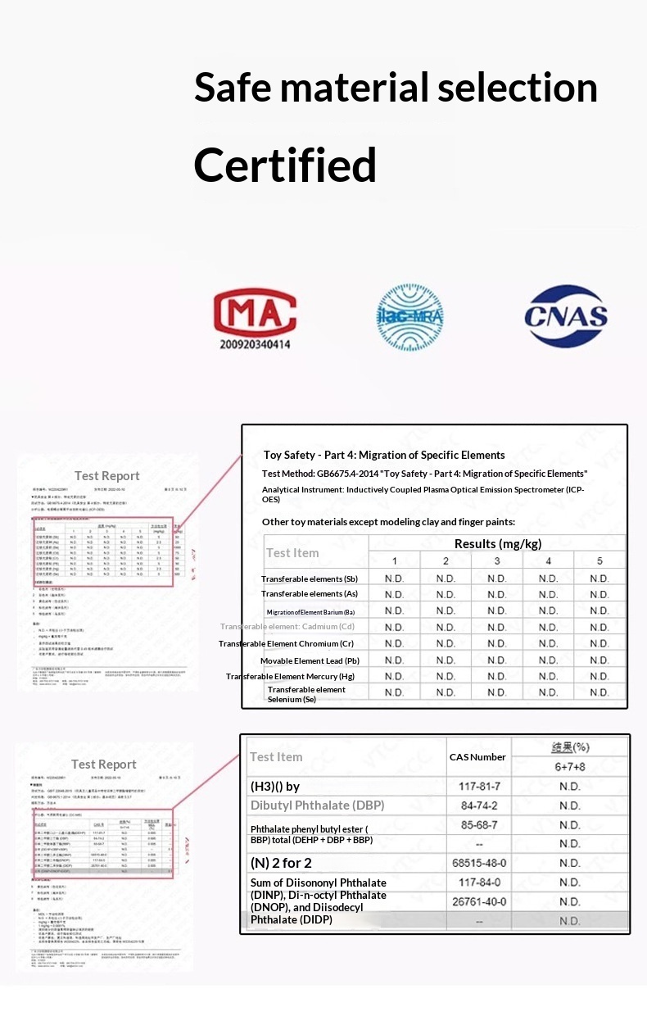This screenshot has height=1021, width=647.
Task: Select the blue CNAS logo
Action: [x=566, y=316]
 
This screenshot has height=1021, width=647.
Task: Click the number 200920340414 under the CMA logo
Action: [x=255, y=344]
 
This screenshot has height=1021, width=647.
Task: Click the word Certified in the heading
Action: [x=285, y=165]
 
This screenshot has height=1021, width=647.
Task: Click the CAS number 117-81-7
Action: [x=480, y=786]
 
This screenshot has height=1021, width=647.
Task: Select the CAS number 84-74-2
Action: [x=480, y=805]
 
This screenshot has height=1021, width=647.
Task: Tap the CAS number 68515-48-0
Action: [x=480, y=863]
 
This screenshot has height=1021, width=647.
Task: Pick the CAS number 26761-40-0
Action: [x=480, y=901]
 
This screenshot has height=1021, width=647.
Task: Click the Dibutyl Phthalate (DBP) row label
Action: [x=317, y=805]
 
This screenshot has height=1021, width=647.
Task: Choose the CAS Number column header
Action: [x=477, y=757]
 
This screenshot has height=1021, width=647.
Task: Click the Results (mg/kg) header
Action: [x=497, y=543]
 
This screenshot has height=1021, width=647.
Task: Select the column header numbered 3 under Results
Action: [x=497, y=561]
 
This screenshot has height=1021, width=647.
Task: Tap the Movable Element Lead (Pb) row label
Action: [x=310, y=660]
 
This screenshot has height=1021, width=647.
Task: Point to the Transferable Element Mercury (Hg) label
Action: [x=291, y=676]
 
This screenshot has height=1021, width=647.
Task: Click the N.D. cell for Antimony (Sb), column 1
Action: [x=394, y=579]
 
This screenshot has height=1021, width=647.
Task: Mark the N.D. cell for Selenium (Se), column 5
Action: [x=599, y=692]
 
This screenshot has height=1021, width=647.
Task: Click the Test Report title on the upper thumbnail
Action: [x=107, y=476]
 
